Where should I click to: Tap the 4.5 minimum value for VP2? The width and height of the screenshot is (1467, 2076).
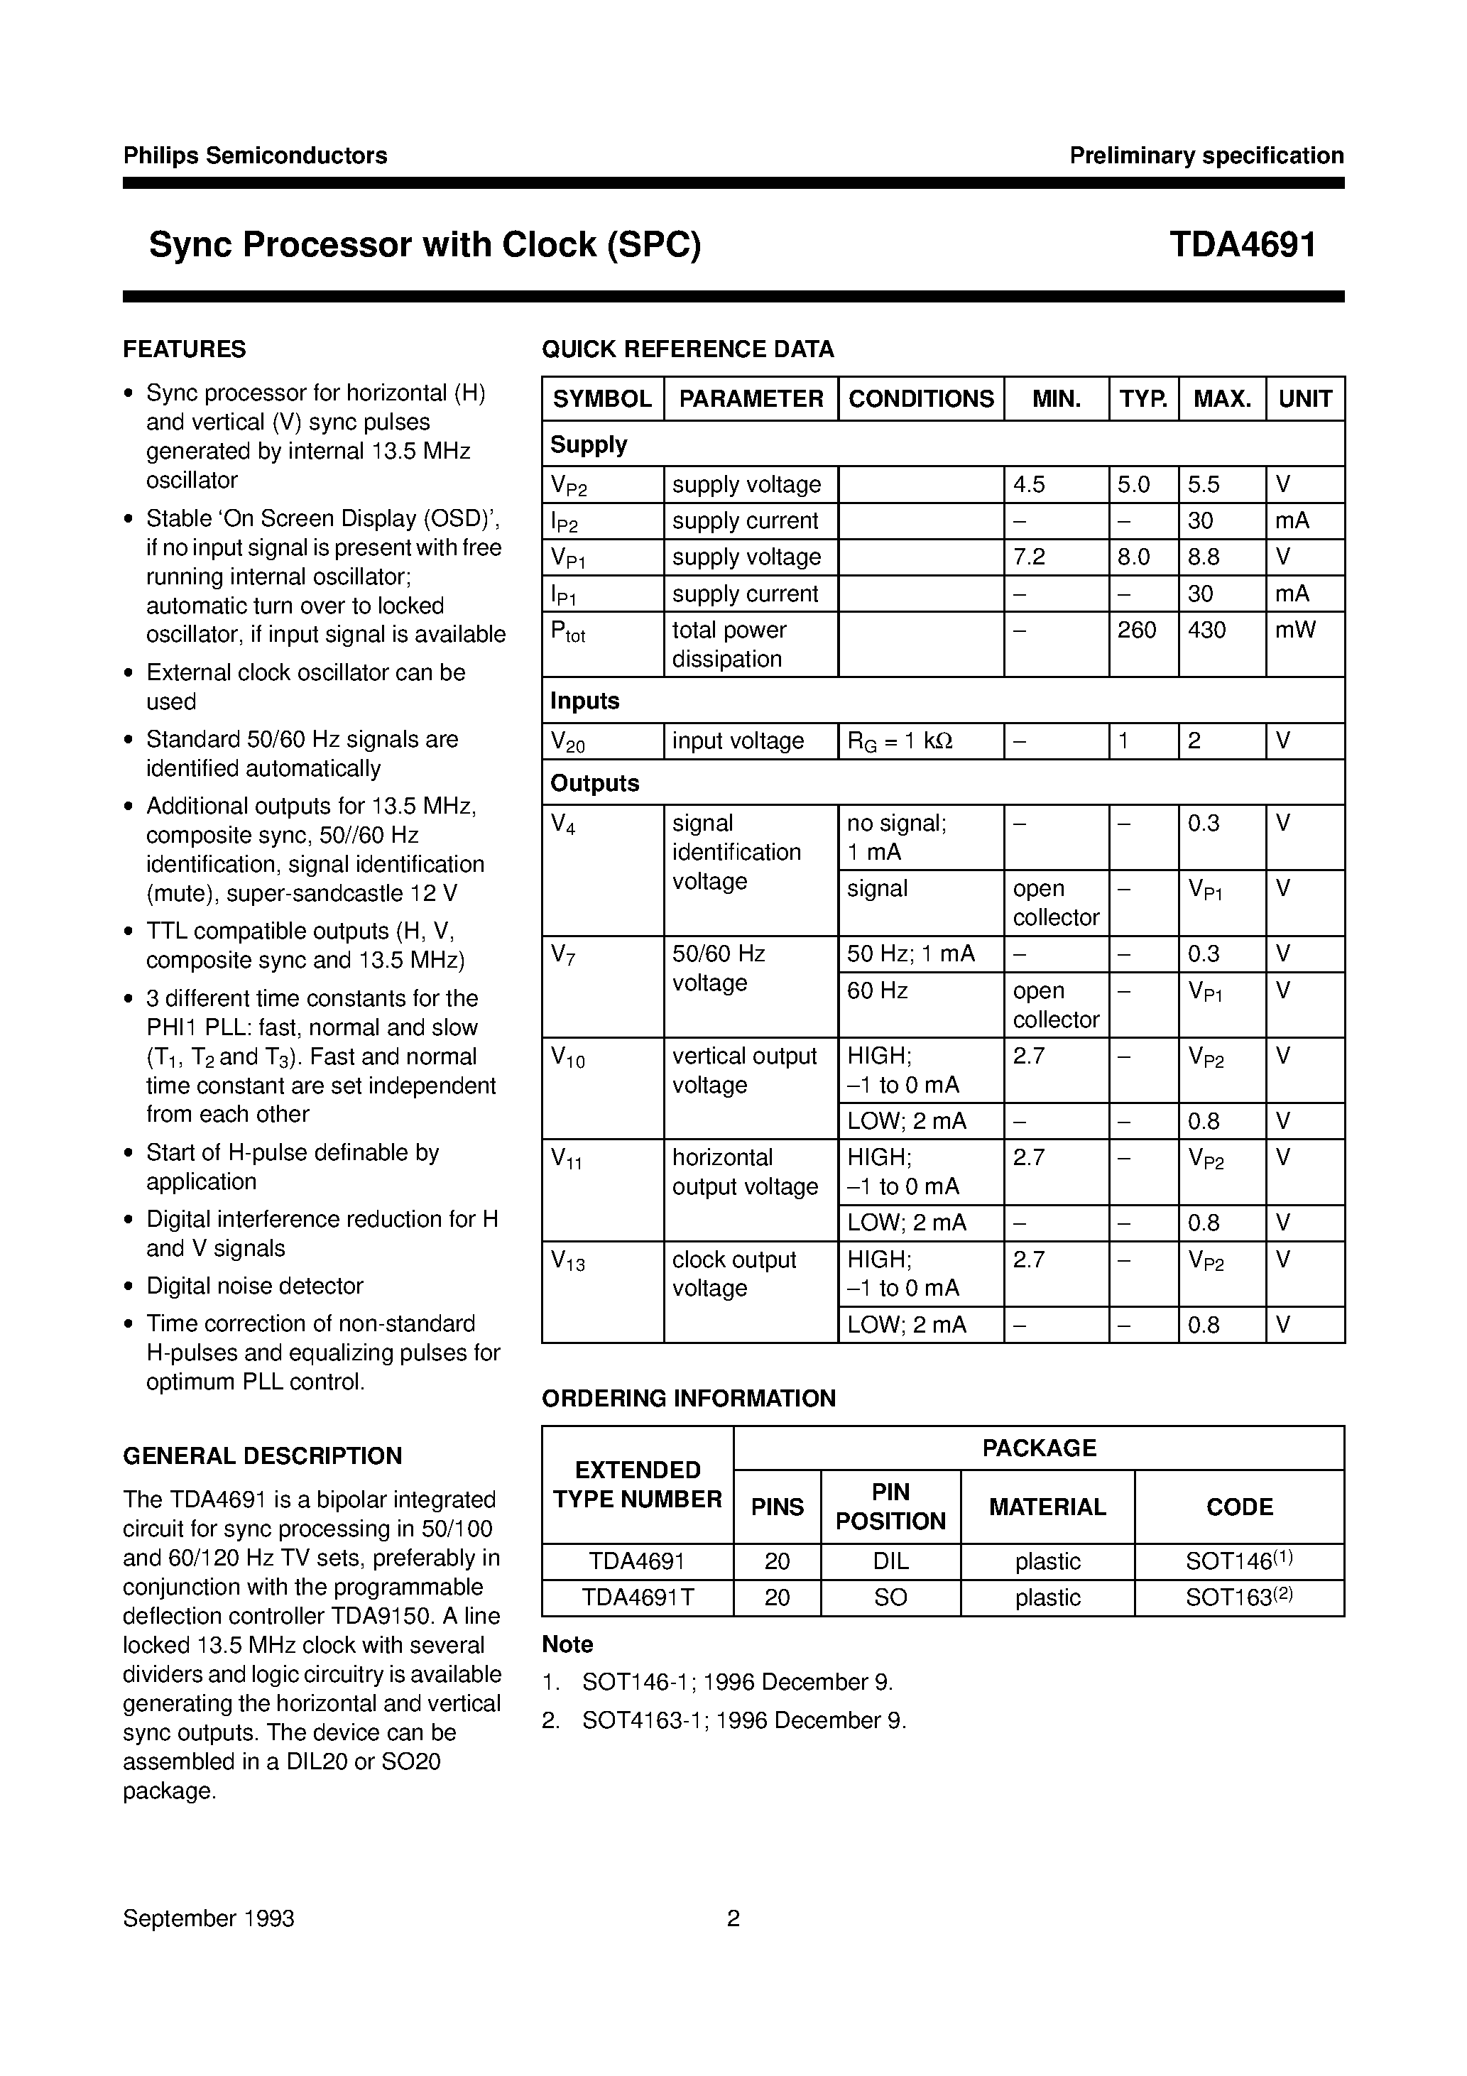pos(1030,485)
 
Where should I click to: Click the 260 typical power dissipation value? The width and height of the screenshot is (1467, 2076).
pos(1136,630)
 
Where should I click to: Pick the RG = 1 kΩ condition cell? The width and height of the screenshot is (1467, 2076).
pos(899,741)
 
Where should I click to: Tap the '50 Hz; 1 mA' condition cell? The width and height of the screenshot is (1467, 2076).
pos(910,954)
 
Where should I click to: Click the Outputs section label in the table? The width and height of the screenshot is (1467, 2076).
pos(594,783)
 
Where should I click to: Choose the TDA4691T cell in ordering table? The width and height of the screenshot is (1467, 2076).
pos(638,1597)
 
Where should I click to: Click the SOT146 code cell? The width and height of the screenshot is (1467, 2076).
pos(1238,1561)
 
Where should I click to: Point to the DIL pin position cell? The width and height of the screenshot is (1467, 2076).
pos(890,1561)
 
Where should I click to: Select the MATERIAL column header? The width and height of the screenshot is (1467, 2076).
pos(1047,1507)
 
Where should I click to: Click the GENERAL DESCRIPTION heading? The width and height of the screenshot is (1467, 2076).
pos(262,1455)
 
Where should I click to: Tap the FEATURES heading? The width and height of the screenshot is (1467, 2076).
pos(185,349)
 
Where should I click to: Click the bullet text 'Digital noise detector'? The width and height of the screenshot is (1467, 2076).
pos(254,1286)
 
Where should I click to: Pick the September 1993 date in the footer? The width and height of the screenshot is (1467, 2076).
pos(208,1918)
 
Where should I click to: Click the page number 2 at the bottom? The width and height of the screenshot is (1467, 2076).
pos(733,1918)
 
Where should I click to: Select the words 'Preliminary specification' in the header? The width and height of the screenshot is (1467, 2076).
pos(1206,155)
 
